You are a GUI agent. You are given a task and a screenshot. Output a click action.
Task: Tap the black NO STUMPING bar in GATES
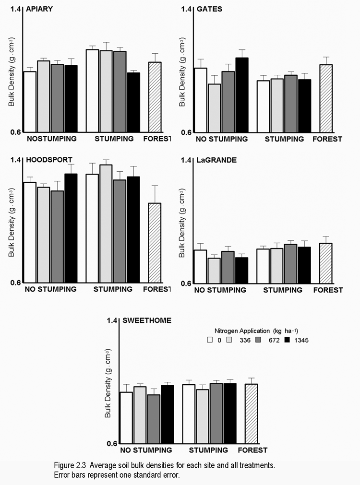click(x=242, y=95)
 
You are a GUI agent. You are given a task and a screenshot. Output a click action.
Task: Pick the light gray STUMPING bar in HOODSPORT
click(x=106, y=224)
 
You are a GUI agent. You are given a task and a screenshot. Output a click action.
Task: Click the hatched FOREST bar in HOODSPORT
click(x=155, y=243)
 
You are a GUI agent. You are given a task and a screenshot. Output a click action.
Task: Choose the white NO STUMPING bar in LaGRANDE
click(x=200, y=266)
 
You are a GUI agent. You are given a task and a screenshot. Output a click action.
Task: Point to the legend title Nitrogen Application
click(x=242, y=331)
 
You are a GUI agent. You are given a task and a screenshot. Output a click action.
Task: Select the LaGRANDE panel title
click(x=216, y=160)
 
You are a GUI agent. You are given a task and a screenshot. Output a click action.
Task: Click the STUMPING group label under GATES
click(x=284, y=139)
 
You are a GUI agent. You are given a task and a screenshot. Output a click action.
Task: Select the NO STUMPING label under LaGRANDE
click(x=220, y=290)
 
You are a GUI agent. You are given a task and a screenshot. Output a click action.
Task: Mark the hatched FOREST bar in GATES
click(x=326, y=98)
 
